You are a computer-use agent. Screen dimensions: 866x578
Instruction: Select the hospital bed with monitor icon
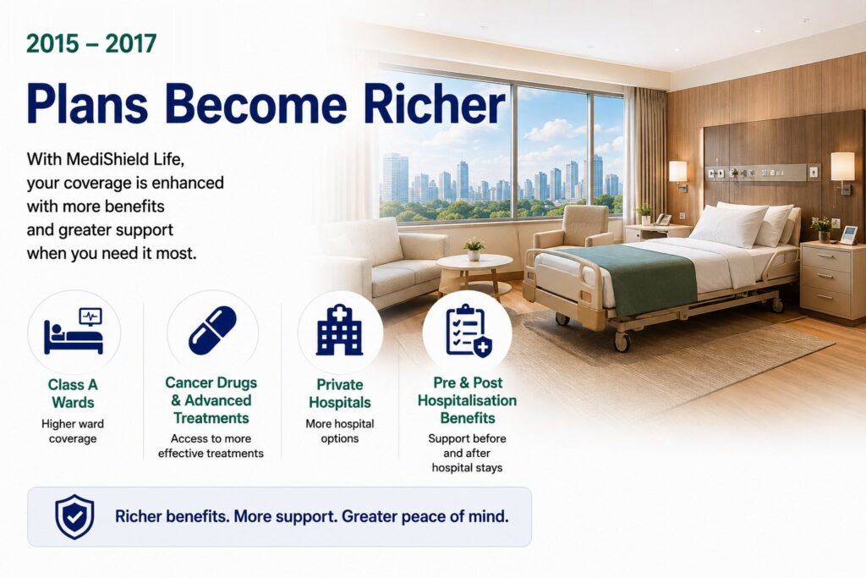click(74, 331)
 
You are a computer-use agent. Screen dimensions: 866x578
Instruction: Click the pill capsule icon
click(212, 330)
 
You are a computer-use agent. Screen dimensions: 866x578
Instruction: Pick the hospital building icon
click(339, 329)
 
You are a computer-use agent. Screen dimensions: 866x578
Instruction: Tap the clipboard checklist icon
click(469, 330)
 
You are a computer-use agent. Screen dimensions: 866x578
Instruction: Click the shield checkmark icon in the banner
click(74, 517)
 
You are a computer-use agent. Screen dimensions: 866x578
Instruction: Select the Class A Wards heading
click(73, 394)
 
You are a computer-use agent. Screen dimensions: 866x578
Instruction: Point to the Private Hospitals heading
click(340, 394)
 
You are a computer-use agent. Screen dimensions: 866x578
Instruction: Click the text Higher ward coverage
click(73, 431)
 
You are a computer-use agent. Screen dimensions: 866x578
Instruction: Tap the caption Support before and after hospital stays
click(467, 453)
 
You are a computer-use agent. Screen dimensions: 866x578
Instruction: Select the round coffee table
click(474, 272)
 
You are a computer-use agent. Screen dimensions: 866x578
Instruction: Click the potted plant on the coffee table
click(474, 249)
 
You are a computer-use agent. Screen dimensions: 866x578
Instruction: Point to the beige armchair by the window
click(573, 228)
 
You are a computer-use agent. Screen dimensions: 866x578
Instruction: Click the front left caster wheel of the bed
click(622, 343)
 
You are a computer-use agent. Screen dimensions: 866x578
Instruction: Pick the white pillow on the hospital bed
click(728, 224)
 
